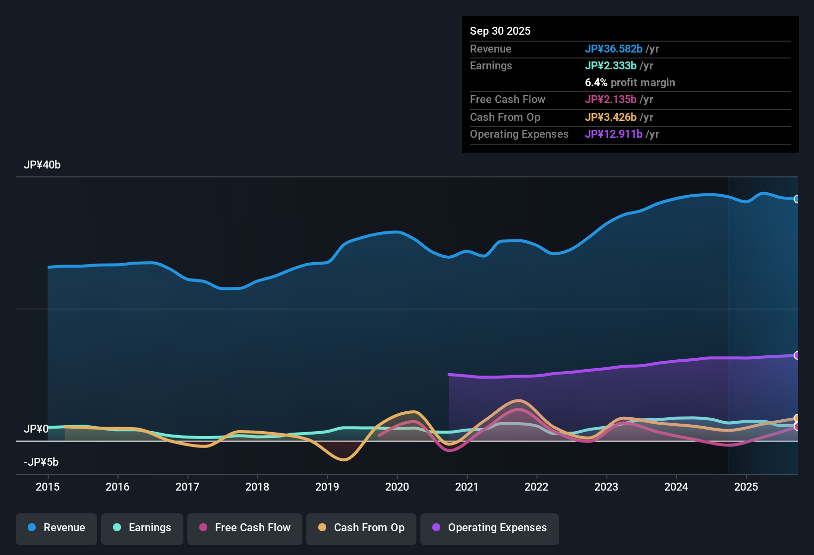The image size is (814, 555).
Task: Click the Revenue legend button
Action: point(57,528)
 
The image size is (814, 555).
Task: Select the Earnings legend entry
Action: point(142,528)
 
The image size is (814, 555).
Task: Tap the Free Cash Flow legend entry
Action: point(245,528)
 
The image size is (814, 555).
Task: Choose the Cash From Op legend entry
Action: point(361,528)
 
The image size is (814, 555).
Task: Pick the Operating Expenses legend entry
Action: point(490,528)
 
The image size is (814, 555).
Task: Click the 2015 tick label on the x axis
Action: point(48,487)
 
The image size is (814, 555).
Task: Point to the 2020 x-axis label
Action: point(397,487)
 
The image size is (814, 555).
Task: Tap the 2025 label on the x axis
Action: point(746,487)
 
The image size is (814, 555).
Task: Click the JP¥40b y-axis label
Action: point(42,165)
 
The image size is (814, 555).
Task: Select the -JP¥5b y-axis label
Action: point(41,462)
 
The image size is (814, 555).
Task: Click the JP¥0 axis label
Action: point(36,429)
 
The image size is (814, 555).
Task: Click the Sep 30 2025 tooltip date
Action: point(500,31)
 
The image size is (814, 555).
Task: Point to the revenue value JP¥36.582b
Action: point(614,49)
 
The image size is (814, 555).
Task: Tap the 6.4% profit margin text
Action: point(630,83)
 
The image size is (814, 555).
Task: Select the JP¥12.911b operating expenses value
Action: point(614,134)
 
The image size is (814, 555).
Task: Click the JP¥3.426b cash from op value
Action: point(611,117)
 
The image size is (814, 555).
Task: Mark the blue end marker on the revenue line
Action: point(797,199)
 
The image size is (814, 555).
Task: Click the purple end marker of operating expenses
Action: point(797,355)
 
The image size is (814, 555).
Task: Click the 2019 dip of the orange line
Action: point(344,459)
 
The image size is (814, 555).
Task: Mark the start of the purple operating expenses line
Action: point(449,375)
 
